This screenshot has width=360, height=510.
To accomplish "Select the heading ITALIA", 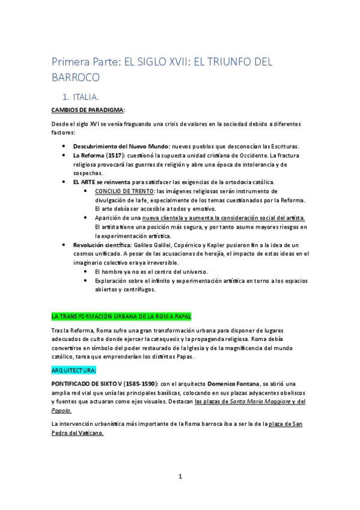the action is click(x=86, y=96).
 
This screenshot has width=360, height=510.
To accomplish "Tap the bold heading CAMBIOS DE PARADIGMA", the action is click(x=88, y=109).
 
